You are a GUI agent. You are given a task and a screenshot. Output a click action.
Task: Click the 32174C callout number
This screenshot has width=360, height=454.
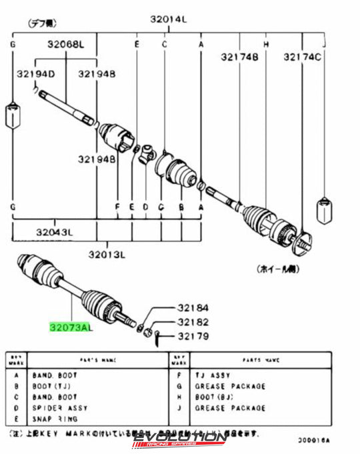(302, 57)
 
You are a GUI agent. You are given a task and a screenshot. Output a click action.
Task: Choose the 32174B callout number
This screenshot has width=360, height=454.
(239, 57)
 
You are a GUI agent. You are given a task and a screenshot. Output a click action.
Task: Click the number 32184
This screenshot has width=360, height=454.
(193, 308)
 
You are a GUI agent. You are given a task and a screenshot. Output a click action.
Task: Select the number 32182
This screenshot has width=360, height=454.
(193, 322)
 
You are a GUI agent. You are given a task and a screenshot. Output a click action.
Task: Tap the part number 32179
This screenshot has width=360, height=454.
(193, 336)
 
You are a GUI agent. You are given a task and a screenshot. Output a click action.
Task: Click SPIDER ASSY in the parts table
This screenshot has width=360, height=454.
(60, 408)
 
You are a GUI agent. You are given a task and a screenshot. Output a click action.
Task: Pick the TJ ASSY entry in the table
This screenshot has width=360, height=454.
(211, 376)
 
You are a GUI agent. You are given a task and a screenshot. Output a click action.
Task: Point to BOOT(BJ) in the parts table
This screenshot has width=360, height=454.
(213, 397)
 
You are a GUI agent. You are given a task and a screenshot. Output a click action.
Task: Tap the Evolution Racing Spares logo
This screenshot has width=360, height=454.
(181, 440)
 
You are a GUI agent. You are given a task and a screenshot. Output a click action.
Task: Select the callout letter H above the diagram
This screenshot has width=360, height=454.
(265, 44)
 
